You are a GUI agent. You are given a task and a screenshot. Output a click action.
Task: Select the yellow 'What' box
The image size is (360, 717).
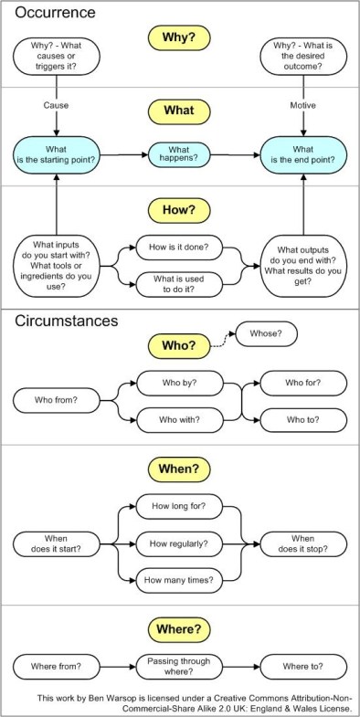coord(180,111)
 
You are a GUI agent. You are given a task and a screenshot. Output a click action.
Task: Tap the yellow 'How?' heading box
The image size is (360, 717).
coord(180,209)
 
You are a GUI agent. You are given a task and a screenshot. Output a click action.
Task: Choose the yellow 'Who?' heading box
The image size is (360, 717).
coord(180,347)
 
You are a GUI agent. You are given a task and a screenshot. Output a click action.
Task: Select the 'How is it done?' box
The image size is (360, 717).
coord(179,248)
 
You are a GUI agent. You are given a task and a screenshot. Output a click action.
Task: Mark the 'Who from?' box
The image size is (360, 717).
coord(56,400)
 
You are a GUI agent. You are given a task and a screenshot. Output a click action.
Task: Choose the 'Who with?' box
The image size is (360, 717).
coord(180,419)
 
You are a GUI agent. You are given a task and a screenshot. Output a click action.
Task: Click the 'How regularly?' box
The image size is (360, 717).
coord(179,543)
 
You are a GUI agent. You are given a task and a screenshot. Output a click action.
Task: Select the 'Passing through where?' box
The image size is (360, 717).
coord(179,665)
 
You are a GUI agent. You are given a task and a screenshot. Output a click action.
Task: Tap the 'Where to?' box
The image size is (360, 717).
coord(303,665)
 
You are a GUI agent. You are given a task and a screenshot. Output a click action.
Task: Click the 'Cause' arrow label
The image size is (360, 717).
coord(56,105)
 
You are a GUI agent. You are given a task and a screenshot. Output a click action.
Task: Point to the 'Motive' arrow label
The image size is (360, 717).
coord(303,105)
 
